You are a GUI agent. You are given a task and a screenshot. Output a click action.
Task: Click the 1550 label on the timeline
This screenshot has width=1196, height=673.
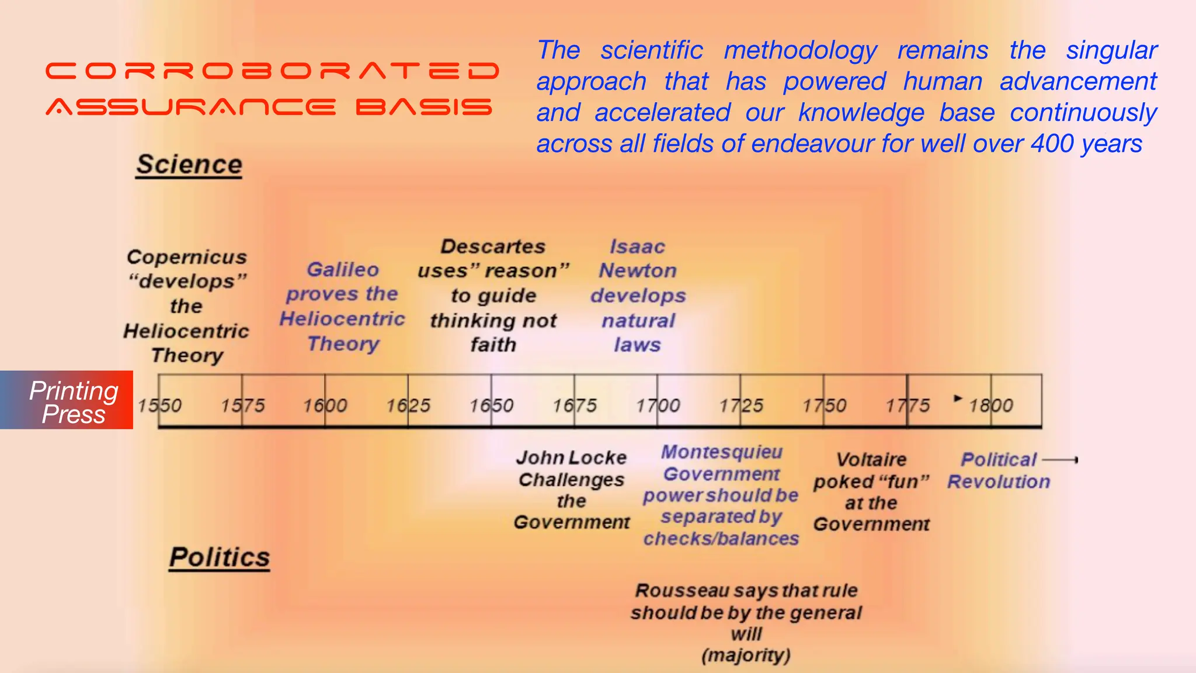click(x=159, y=405)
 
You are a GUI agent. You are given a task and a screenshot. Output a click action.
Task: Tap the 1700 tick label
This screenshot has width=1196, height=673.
click(x=658, y=405)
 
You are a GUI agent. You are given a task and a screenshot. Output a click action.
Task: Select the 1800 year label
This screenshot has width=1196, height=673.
click(x=991, y=405)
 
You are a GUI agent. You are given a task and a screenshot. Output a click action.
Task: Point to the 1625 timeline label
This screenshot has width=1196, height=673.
click(x=408, y=405)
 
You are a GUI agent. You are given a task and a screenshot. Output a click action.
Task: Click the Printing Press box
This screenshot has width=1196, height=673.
click(x=67, y=401)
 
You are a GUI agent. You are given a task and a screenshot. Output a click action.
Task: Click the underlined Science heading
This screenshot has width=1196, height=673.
click(x=189, y=165)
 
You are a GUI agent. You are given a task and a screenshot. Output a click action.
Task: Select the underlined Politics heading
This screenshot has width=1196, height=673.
click(x=220, y=557)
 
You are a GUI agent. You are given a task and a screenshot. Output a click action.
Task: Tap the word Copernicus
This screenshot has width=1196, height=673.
click(x=187, y=257)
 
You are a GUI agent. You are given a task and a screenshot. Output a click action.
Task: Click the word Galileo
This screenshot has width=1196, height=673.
click(x=343, y=269)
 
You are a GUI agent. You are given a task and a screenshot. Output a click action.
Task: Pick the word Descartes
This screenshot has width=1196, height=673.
click(x=493, y=247)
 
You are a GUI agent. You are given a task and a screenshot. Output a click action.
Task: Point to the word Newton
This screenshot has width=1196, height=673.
click(x=638, y=271)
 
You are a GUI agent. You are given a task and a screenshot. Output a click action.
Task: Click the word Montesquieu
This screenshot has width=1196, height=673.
click(x=722, y=452)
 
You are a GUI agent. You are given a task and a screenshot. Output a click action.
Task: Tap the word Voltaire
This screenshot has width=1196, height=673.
click(x=871, y=460)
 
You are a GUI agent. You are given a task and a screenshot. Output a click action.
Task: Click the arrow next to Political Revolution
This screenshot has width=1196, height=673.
click(x=1060, y=460)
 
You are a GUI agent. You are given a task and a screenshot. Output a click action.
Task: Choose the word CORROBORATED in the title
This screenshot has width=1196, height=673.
click(x=272, y=71)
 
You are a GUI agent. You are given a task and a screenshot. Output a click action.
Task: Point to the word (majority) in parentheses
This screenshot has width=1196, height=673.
click(x=746, y=655)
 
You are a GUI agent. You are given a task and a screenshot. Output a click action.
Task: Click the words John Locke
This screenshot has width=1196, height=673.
click(x=571, y=457)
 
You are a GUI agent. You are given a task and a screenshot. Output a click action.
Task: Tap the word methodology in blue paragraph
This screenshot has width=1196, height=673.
click(x=801, y=50)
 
